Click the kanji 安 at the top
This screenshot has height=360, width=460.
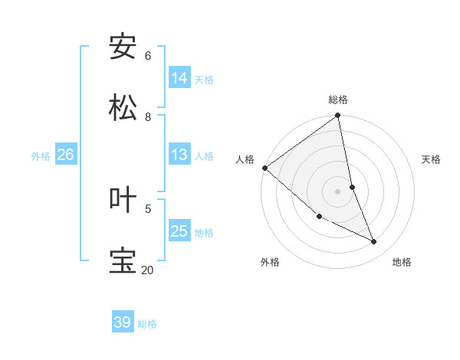coord(123,47)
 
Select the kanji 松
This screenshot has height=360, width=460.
coord(123,108)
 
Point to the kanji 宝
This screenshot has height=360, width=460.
coord(123,260)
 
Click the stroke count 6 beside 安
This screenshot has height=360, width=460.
coord(148,55)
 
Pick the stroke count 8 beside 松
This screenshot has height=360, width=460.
coord(148,116)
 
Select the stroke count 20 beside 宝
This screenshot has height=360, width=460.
coord(147,270)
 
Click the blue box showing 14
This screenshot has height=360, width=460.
coord(179,78)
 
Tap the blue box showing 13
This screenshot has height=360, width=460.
coord(179,155)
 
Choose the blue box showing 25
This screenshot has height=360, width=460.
coord(179,231)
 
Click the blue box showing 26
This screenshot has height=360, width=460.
coord(65,155)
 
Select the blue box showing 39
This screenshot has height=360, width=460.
coord(123,322)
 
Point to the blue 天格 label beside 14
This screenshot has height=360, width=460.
coord(204,79)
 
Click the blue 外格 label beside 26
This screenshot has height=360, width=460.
coord(41,155)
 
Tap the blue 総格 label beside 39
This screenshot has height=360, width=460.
coord(147,324)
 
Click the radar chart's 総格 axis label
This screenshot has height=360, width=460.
coord(338,100)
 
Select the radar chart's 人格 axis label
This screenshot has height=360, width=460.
coord(245,159)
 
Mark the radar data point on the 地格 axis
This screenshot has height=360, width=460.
coord(374,242)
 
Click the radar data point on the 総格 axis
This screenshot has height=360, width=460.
coord(338,116)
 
